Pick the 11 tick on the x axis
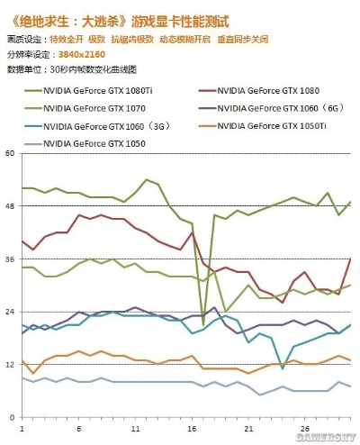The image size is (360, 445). click(x=135, y=428)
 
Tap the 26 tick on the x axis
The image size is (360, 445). click(x=305, y=428)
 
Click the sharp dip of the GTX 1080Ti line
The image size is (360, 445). click(x=204, y=324)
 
